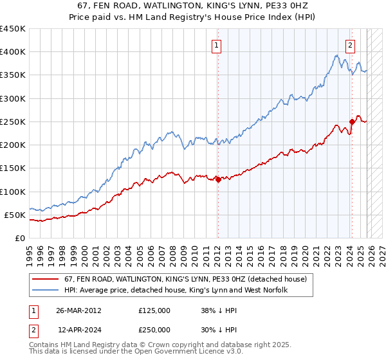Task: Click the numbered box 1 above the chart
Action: point(217,45)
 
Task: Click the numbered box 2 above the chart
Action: point(351,45)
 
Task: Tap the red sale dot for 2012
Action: point(218,179)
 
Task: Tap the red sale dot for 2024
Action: point(352,121)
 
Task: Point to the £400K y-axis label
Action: point(13,52)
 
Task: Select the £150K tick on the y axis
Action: point(13,168)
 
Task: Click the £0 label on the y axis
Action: point(19,238)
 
